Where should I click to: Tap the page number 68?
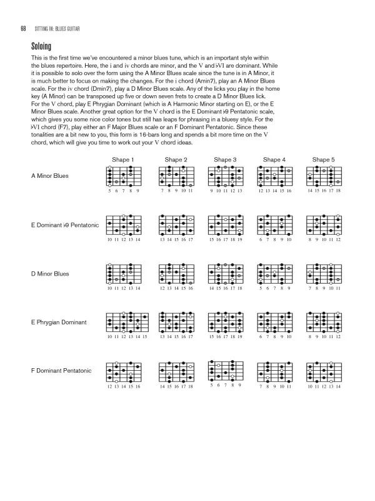point(22,28)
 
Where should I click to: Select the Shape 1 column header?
point(123,160)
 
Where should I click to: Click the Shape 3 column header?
point(224,160)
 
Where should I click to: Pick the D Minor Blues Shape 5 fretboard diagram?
point(324,274)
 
